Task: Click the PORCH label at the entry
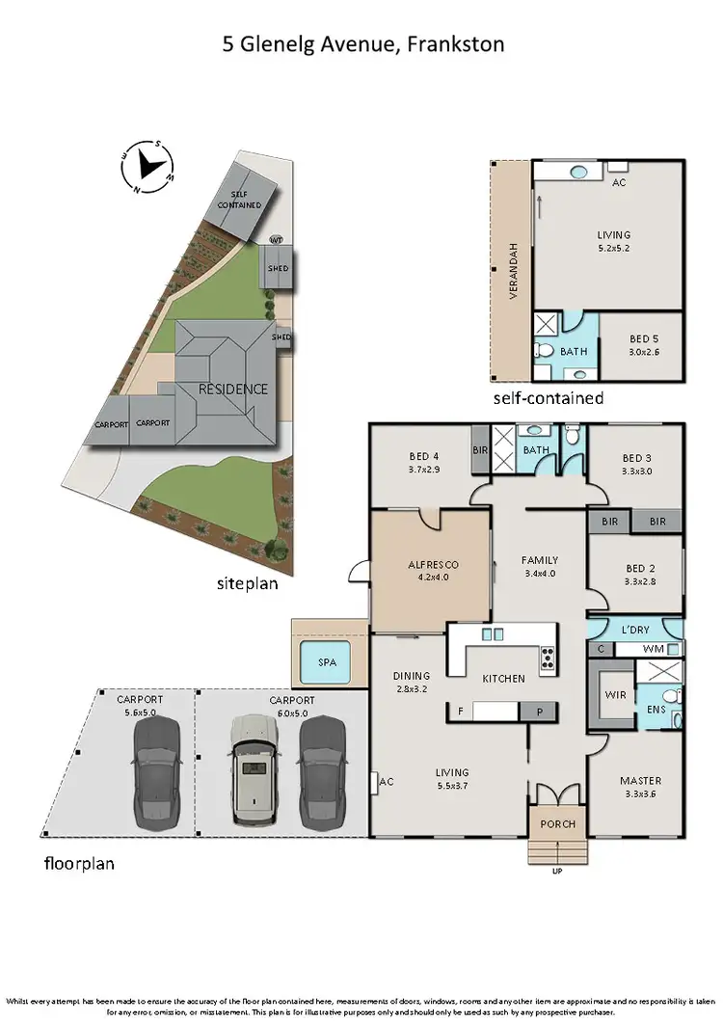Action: (557, 823)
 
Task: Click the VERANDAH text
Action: (514, 272)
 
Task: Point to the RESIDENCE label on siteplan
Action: (232, 390)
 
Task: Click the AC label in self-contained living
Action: (618, 181)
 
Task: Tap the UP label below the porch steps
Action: (556, 871)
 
